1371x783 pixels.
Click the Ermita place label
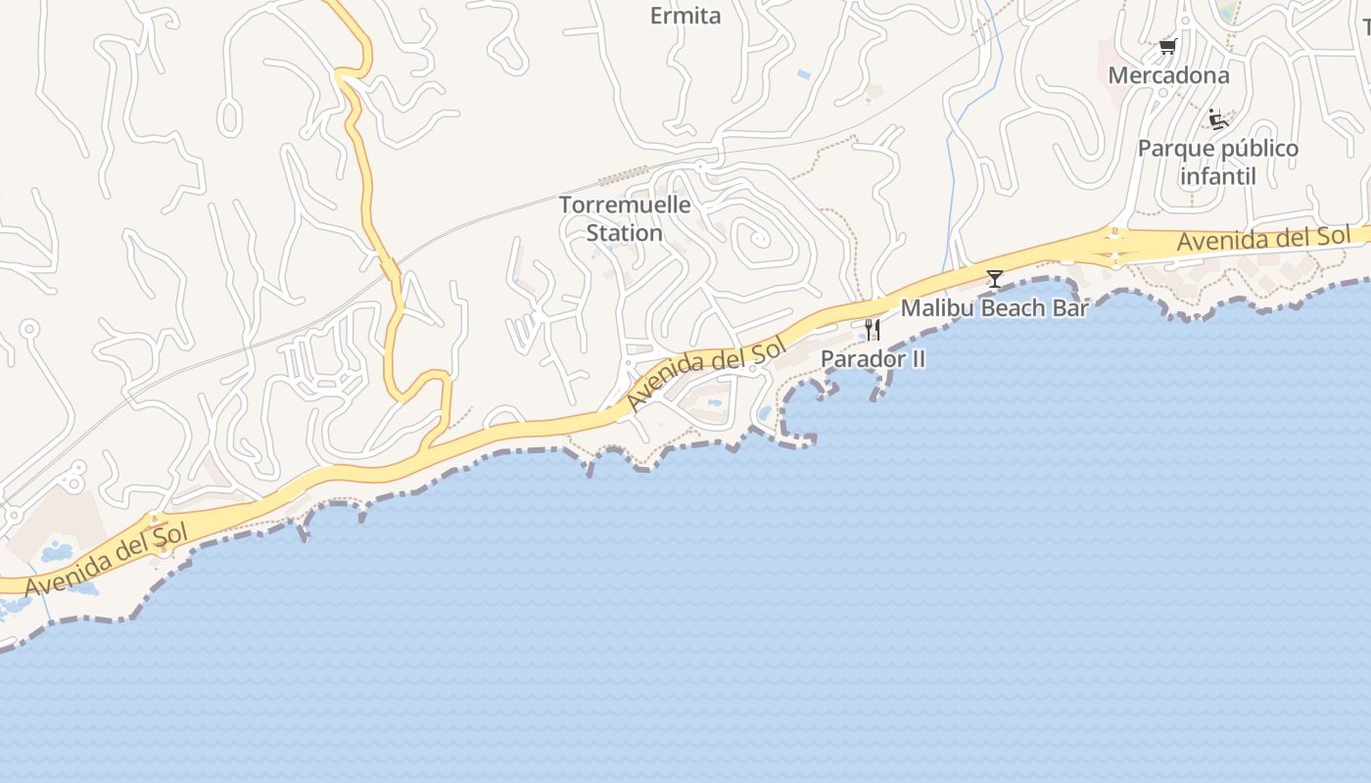click(x=685, y=16)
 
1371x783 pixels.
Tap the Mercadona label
click(x=1168, y=75)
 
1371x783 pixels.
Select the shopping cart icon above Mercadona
click(x=1167, y=45)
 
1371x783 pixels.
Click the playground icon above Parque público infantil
click(x=1218, y=119)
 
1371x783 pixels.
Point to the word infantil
click(x=1217, y=177)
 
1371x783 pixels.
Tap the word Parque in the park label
click(x=1173, y=149)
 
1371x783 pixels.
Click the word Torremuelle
click(x=625, y=206)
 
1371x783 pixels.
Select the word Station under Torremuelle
click(x=625, y=234)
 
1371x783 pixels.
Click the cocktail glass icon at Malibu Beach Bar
click(x=995, y=279)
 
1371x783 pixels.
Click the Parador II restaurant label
click(x=873, y=359)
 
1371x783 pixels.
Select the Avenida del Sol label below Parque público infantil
click(x=1263, y=239)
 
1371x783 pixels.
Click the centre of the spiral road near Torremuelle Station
click(x=756, y=238)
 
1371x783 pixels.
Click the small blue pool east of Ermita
click(x=804, y=74)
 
